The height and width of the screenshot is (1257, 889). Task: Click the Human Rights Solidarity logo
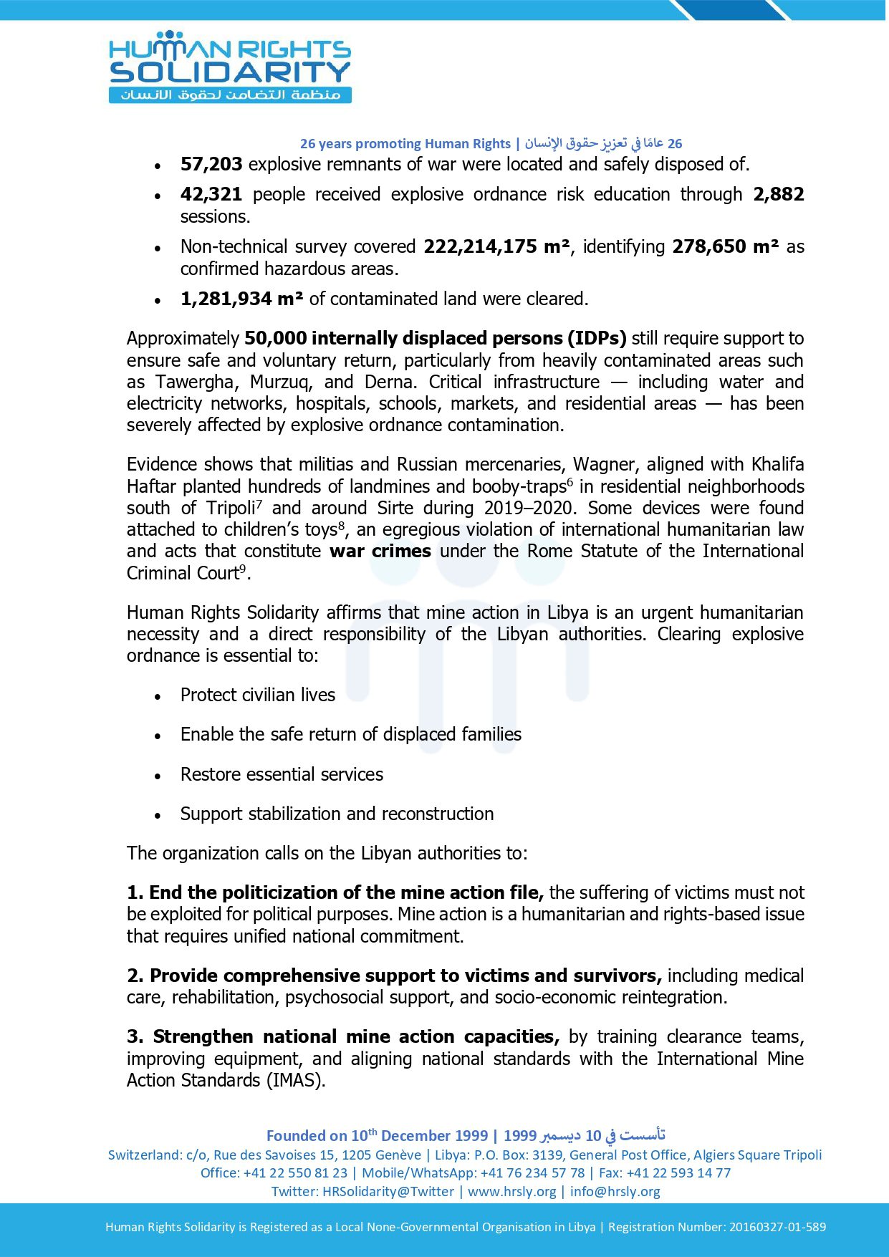pyautogui.click(x=229, y=67)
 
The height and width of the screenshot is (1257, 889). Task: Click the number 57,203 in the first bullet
pyautogui.click(x=211, y=165)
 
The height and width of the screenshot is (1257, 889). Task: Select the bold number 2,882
pyautogui.click(x=778, y=195)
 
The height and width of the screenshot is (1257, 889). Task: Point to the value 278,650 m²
pyautogui.click(x=725, y=247)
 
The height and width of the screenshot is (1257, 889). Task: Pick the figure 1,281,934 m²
pyautogui.click(x=241, y=299)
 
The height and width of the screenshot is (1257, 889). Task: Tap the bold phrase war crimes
pyautogui.click(x=380, y=552)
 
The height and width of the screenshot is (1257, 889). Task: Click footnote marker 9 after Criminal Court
pyautogui.click(x=243, y=569)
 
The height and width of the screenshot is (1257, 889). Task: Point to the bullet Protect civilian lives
pyautogui.click(x=257, y=695)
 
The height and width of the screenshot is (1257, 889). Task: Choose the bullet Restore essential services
pyautogui.click(x=282, y=775)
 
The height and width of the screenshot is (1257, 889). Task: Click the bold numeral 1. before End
pyautogui.click(x=135, y=893)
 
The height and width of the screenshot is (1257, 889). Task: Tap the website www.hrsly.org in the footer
pyautogui.click(x=511, y=1192)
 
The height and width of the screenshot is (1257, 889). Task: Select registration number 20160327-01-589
pyautogui.click(x=777, y=1227)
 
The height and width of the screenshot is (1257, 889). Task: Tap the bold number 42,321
pyautogui.click(x=211, y=195)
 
